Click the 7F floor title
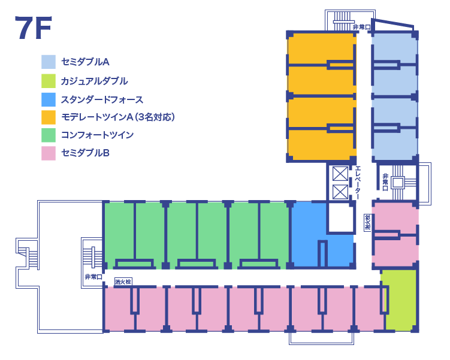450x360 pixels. point(34,28)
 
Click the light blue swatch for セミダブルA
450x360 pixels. point(49,62)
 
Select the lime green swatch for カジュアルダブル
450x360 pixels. point(49,80)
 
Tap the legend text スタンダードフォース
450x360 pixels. point(102,99)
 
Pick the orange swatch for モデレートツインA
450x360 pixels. point(49,117)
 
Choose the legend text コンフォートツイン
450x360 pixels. point(97,135)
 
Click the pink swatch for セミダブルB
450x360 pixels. point(49,153)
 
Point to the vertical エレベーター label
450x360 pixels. point(358,181)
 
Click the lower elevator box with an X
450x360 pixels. point(340,192)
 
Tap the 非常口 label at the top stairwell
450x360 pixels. point(361,27)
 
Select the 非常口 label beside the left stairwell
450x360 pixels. point(93,277)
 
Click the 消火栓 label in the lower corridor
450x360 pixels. point(123,280)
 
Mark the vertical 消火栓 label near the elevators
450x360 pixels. point(367,222)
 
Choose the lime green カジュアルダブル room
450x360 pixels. point(400,300)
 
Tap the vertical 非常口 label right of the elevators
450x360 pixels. point(385,179)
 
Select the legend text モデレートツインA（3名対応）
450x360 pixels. point(118,117)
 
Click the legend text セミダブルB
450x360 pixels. point(85,153)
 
